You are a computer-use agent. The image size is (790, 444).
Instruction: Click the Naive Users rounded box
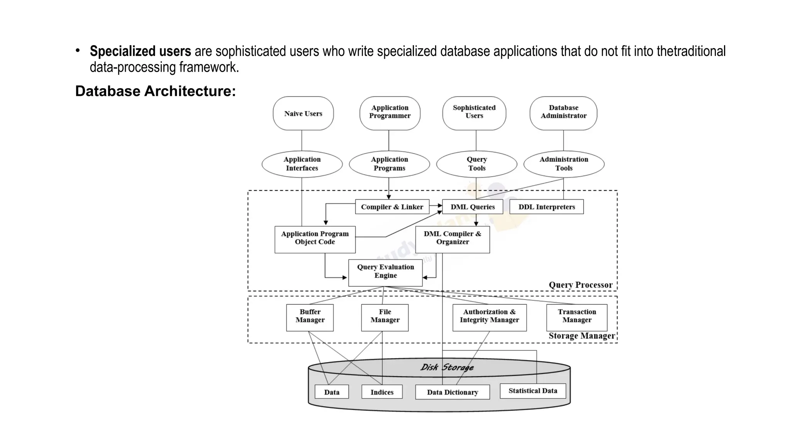coord(303,113)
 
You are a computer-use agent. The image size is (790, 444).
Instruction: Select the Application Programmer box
coord(390,112)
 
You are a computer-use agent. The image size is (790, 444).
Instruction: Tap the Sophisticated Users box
coord(474,112)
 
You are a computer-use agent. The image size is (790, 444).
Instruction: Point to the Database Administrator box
coord(563,112)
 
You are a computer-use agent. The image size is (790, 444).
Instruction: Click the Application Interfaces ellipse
coord(302,164)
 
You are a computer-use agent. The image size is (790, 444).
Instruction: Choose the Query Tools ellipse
coord(477,164)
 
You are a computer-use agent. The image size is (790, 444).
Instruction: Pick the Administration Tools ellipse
coord(564,164)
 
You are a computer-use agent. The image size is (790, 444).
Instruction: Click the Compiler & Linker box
coord(392,207)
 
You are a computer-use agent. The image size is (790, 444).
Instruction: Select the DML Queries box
coord(473,207)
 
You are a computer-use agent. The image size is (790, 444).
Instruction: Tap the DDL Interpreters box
coord(546,207)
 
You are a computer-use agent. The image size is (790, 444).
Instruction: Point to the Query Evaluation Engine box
coord(385,272)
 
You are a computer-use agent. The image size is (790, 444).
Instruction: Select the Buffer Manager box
coord(310,317)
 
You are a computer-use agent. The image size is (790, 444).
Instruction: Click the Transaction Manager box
coord(577,317)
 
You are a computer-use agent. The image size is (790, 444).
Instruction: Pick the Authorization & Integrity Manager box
coord(489,317)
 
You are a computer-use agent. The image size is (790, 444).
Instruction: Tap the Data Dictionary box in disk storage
coord(452,392)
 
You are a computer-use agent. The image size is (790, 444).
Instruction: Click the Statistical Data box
coord(533,391)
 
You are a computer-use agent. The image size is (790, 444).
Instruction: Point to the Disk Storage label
coord(447,367)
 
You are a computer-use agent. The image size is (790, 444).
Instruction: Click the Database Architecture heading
coord(155,91)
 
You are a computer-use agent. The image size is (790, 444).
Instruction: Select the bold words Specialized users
coord(140,51)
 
